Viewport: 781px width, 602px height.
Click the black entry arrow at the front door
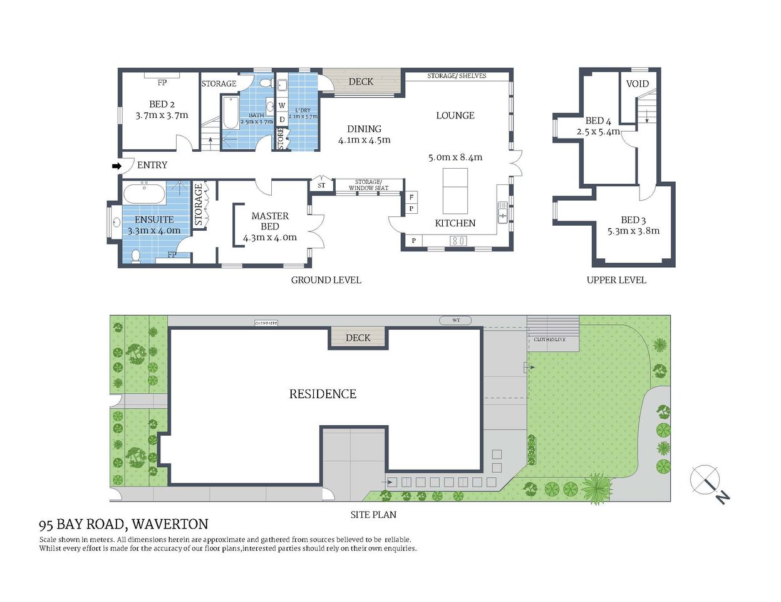point(116,166)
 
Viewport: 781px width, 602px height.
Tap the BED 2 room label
point(162,104)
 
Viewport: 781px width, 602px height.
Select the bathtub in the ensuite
point(144,194)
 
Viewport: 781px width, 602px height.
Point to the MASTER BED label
point(270,221)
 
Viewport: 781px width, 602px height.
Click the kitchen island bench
point(455,191)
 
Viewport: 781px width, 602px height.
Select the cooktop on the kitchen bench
point(458,241)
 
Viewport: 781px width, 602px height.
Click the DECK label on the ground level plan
point(361,82)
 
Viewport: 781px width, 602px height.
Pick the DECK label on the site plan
point(358,338)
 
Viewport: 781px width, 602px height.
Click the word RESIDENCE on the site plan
point(323,394)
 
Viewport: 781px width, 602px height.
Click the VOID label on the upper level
point(638,84)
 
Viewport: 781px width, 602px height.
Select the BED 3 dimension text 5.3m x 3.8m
point(633,231)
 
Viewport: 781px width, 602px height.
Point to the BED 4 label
point(598,120)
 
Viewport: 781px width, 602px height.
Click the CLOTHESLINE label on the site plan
point(549,339)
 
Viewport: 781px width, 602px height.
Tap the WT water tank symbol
point(456,320)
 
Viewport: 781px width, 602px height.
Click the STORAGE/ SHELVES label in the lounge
point(457,76)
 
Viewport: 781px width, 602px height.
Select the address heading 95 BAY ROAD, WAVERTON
point(123,524)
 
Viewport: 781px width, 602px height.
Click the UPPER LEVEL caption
point(616,280)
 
